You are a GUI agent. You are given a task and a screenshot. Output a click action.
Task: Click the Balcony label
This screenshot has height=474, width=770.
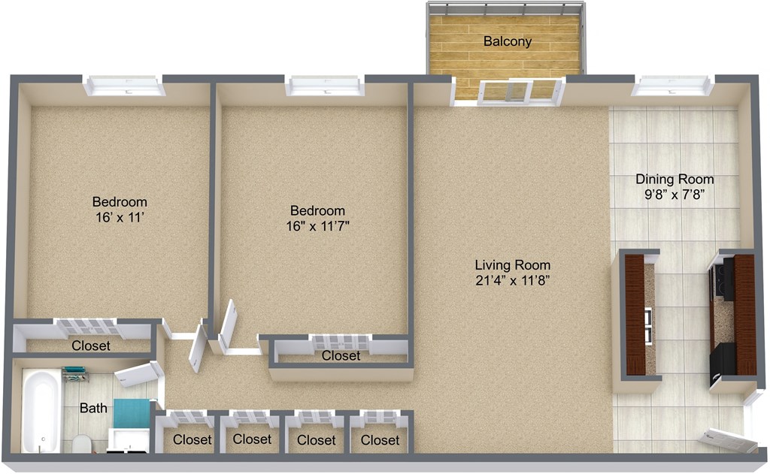coord(507,41)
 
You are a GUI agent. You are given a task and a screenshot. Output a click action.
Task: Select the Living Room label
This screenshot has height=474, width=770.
coord(512,265)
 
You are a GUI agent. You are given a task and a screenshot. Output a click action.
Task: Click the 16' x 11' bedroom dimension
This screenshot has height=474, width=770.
coord(119,218)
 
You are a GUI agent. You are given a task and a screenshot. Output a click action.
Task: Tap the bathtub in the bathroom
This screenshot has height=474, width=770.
coord(40,409)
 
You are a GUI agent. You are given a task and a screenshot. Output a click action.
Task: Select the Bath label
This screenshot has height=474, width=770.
coord(93,409)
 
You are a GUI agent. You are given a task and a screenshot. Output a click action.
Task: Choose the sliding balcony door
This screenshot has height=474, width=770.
coord(508,91)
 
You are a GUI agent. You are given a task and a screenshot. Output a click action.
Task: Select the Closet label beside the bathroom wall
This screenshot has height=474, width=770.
coord(192,439)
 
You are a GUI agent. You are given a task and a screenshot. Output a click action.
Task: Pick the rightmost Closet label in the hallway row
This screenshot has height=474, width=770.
coord(380,439)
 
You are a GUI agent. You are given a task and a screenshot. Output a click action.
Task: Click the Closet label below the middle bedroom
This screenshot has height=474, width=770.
coord(341,355)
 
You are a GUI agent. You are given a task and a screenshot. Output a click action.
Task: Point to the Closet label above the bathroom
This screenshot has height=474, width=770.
coord(91,346)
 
